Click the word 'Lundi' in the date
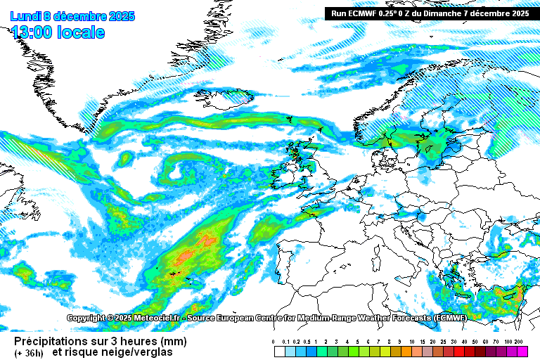click(x=25, y=16)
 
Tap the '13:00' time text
click(x=32, y=32)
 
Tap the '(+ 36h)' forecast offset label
click(x=29, y=352)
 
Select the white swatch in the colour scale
click(x=279, y=349)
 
